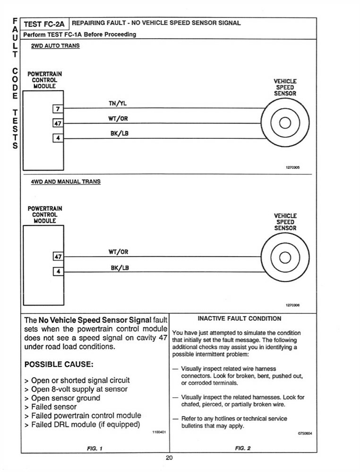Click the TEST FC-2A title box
[45, 23]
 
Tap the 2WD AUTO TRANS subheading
[55, 46]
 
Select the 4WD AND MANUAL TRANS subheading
[66, 181]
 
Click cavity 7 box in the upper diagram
[57, 110]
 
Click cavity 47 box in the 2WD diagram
[57, 124]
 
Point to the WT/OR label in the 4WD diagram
[118, 252]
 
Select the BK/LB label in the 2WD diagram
[119, 134]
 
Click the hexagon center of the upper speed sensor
[285, 124]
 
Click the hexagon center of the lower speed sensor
[285, 257]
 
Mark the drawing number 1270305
[293, 168]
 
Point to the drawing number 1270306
[293, 305]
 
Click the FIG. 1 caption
[95, 448]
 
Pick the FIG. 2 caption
[243, 448]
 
